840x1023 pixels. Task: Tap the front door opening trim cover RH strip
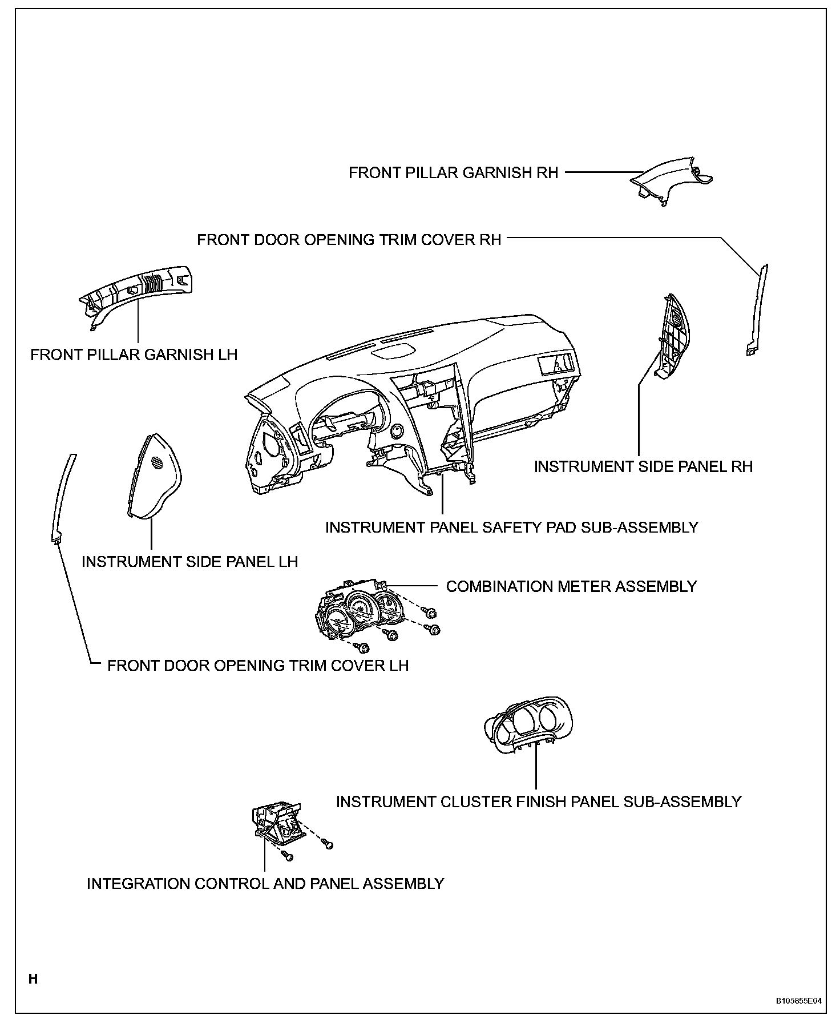point(758,308)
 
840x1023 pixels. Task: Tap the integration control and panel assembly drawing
point(277,823)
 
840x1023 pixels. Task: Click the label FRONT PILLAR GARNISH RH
point(453,173)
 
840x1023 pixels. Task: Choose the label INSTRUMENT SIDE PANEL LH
point(189,562)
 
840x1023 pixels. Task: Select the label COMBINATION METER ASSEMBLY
point(571,587)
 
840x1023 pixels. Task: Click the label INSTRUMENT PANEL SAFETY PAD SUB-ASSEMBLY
point(511,527)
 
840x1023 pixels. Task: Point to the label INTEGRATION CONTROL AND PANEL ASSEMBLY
point(265,884)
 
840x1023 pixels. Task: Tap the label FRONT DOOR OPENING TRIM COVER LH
point(258,666)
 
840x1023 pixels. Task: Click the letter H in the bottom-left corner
point(33,980)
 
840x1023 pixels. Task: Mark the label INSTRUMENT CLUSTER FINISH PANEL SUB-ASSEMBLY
point(538,802)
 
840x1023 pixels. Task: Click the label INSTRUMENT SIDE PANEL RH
point(643,467)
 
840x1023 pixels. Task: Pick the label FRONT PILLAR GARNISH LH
point(134,355)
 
